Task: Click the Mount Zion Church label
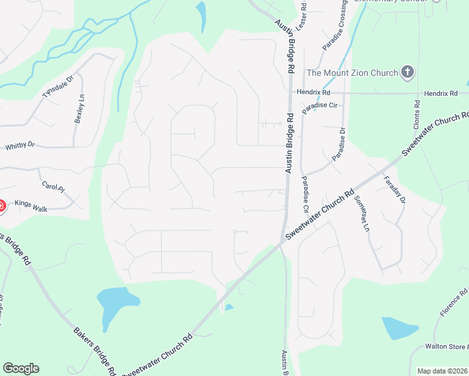352,73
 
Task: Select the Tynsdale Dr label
58,86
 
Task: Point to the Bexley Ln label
80,108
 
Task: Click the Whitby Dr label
19,146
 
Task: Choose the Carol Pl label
53,187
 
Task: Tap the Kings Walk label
31,204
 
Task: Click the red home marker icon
1,205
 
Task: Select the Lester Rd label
303,14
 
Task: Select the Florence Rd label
453,303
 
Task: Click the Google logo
21,368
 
